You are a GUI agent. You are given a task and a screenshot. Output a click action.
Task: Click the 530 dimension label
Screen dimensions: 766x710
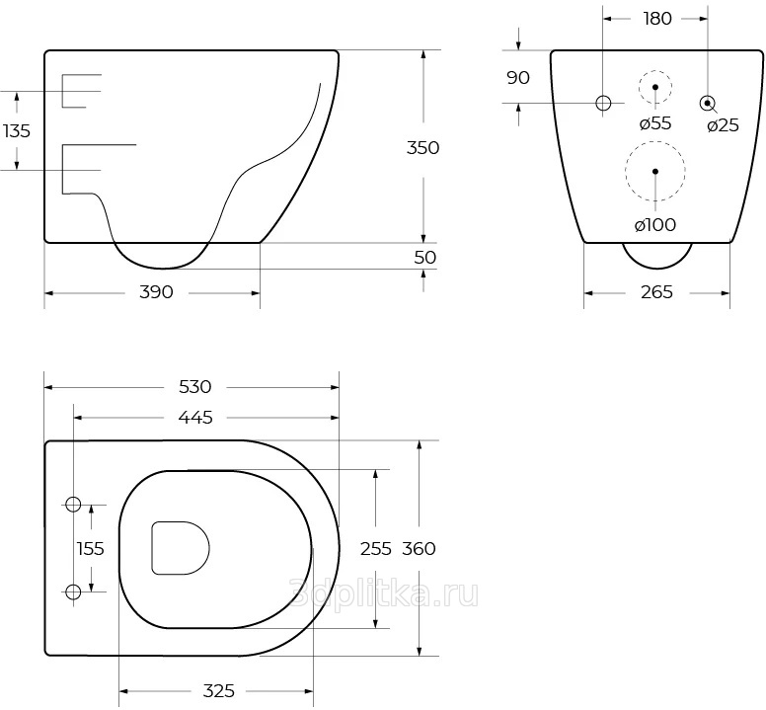pos(194,387)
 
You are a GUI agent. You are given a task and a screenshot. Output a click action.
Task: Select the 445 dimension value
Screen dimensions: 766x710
pos(195,418)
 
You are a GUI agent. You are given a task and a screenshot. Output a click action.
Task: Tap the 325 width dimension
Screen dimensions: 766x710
pos(219,691)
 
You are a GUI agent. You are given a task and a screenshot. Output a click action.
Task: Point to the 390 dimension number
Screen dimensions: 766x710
pos(156,292)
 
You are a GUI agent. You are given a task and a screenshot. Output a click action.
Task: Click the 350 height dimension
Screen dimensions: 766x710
pos(423,147)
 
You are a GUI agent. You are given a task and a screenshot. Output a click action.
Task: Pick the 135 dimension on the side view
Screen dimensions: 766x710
pos(17,131)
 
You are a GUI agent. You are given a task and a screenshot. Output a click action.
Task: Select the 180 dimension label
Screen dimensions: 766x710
pos(657,19)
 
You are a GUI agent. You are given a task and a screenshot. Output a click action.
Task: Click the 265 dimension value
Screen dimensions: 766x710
pos(657,292)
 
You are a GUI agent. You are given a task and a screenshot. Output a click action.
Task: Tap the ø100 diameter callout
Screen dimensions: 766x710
pos(655,225)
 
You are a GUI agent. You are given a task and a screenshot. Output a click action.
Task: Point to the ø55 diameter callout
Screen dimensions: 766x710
pos(655,123)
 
